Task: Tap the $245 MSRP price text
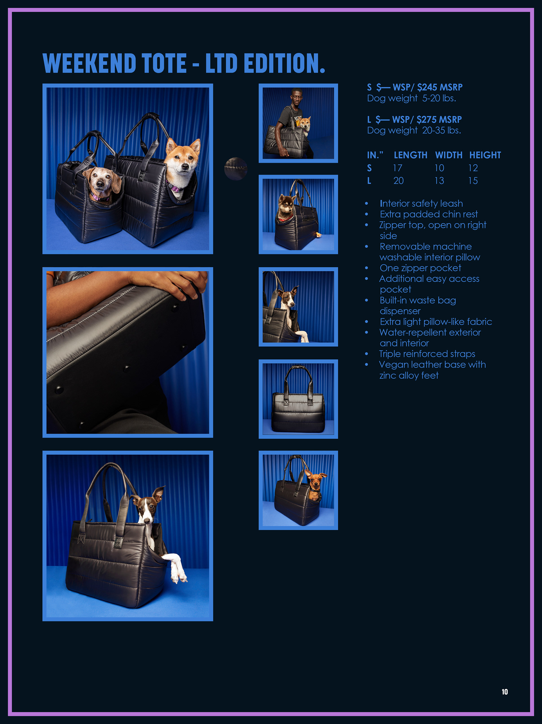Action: click(x=440, y=88)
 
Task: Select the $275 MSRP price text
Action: click(x=439, y=119)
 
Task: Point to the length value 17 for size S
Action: click(x=397, y=168)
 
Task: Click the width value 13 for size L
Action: click(x=439, y=181)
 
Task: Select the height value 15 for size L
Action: click(x=473, y=181)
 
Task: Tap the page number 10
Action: click(x=505, y=692)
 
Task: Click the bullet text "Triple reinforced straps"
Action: click(x=427, y=354)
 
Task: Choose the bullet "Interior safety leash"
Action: click(x=421, y=204)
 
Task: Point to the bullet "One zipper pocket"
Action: click(x=421, y=268)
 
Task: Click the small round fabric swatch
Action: click(x=236, y=169)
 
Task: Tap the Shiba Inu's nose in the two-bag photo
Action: click(x=185, y=167)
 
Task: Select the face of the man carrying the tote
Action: click(x=297, y=97)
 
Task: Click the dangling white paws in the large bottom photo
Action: click(x=177, y=568)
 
